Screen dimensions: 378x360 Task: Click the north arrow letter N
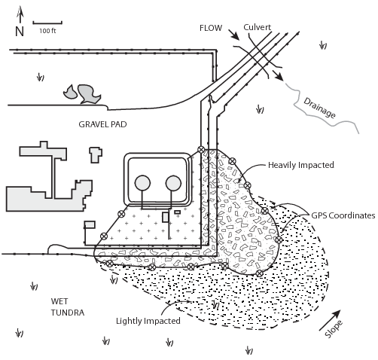[x=20, y=32]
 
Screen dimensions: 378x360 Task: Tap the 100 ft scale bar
[x=47, y=23]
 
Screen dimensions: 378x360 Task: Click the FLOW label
[x=211, y=28]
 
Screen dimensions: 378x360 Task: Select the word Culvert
[x=258, y=27]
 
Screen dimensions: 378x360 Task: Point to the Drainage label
[x=319, y=108]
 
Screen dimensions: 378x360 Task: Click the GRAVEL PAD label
[x=102, y=124]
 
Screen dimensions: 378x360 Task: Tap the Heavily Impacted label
[x=301, y=165]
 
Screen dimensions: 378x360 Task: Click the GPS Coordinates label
[x=343, y=215]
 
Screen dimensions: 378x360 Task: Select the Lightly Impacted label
[x=148, y=321]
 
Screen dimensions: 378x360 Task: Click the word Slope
[x=334, y=329]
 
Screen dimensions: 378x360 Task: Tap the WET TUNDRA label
[x=68, y=307]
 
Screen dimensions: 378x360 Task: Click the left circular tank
[x=142, y=183]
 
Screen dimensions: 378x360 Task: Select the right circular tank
[x=173, y=183]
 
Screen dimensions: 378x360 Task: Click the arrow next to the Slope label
[x=330, y=320]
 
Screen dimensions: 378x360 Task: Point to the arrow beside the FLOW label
[x=234, y=35]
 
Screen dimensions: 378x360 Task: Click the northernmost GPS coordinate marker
[x=200, y=150]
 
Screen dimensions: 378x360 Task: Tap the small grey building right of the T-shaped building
[x=96, y=155]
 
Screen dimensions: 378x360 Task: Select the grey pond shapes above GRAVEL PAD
[x=82, y=94]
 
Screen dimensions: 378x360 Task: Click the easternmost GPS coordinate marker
[x=279, y=239]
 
